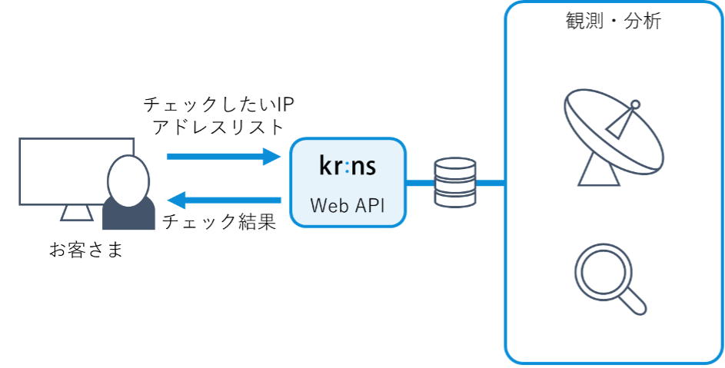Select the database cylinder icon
[x=454, y=183]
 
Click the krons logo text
[x=348, y=165]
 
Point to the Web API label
[x=348, y=205]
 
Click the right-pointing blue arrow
[x=224, y=157]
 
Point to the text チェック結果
[x=218, y=222]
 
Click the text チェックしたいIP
[x=218, y=103]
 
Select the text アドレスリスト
[x=218, y=127]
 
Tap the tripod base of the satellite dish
[x=599, y=174]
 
